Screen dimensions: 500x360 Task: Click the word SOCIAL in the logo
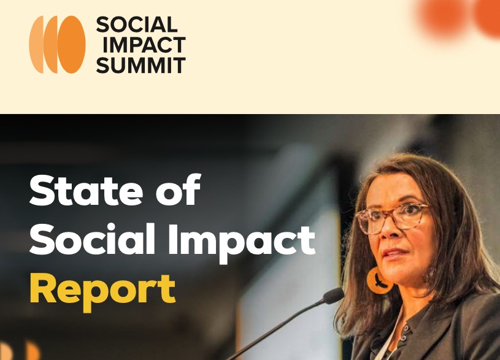[136, 25]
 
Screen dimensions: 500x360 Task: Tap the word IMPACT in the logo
[144, 45]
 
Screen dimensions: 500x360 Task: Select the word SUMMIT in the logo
[140, 65]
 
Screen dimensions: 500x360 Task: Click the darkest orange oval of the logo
[71, 45]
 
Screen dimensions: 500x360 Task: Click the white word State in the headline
[86, 190]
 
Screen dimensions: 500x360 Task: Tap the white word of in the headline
[179, 190]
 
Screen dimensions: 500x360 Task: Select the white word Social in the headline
[92, 239]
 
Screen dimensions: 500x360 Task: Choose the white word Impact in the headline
[242, 243]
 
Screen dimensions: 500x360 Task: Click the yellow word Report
[102, 291]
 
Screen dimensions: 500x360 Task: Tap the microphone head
[334, 296]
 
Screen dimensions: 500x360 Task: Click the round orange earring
[378, 281]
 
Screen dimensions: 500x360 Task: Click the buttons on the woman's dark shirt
[405, 333]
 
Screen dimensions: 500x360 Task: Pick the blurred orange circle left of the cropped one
[443, 18]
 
